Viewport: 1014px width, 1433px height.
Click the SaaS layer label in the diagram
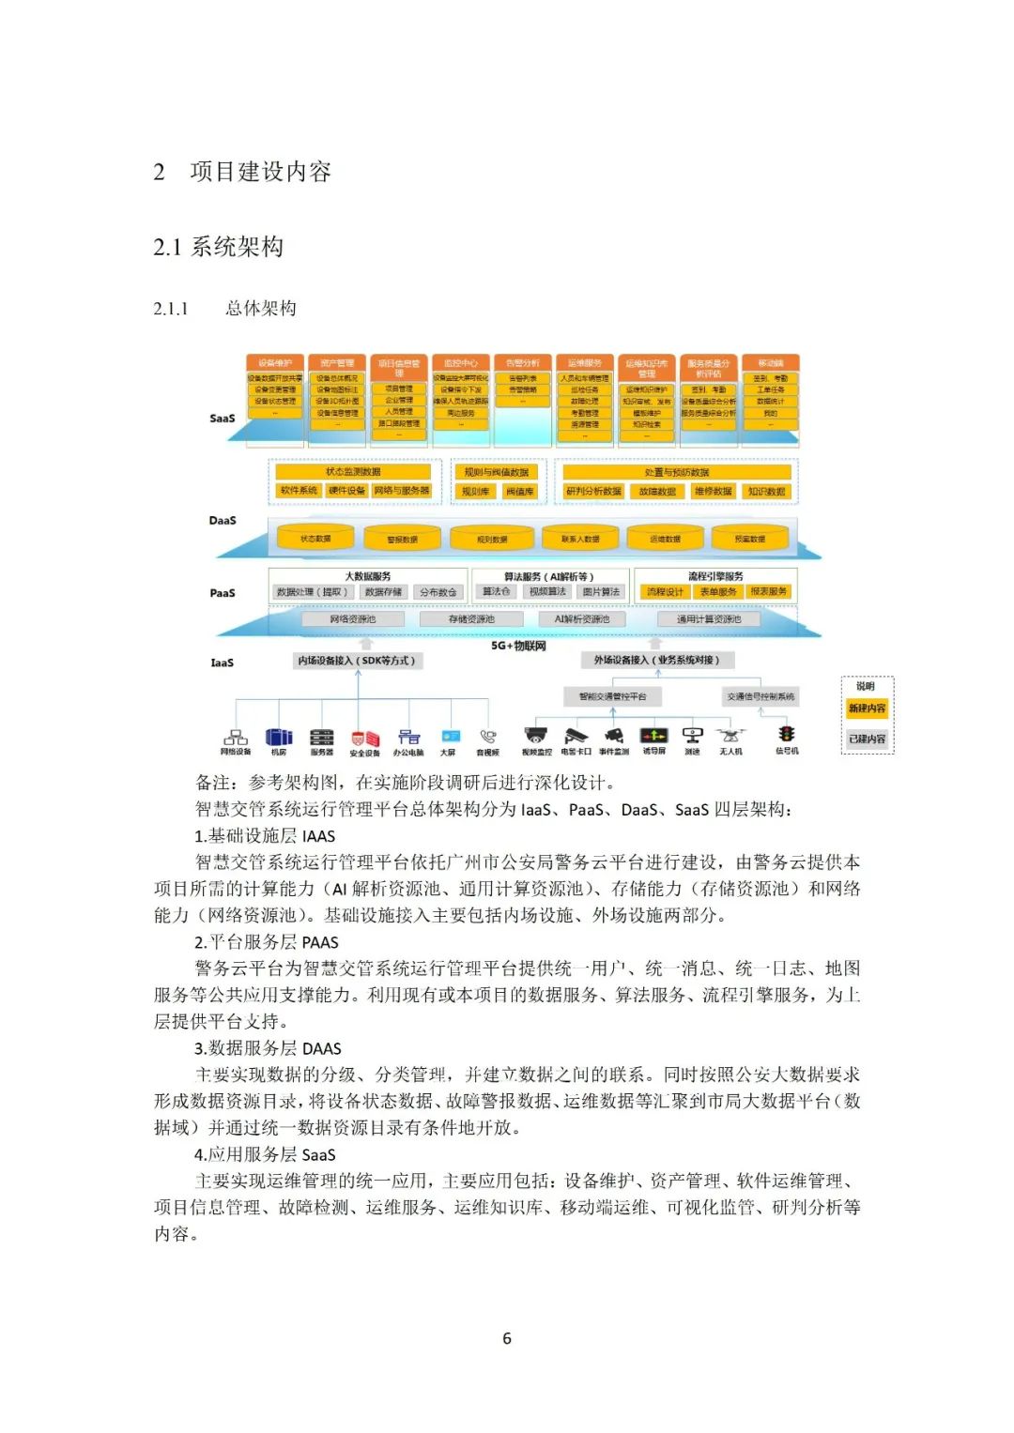[223, 419]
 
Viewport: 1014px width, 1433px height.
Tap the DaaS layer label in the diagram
[223, 520]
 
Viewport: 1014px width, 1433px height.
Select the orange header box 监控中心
[461, 363]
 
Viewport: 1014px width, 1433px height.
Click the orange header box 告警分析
[523, 363]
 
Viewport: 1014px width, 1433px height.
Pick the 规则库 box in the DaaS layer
[475, 492]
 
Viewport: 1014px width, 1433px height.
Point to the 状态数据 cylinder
[315, 539]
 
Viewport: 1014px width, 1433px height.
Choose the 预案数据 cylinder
[749, 539]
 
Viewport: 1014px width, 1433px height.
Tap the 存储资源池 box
[471, 619]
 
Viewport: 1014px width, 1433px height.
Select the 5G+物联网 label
[518, 647]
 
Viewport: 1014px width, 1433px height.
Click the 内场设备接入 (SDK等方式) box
[357, 661]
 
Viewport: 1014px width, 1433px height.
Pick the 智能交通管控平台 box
[612, 696]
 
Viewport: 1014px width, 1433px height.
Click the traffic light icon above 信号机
[787, 735]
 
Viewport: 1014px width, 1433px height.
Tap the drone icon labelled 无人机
[730, 736]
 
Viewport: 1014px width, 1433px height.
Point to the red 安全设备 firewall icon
[364, 738]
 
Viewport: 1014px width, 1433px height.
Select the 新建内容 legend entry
[867, 709]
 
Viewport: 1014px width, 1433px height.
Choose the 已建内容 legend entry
[867, 739]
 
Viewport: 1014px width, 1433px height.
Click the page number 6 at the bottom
[507, 1338]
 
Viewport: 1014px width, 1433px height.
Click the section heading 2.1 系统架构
[218, 247]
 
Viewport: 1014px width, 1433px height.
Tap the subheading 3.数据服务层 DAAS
[268, 1048]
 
